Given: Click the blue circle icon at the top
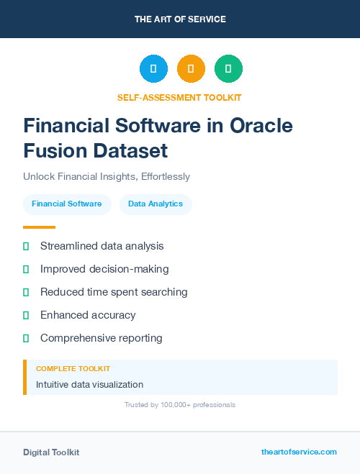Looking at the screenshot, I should point(153,68).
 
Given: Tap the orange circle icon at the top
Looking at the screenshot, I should point(191,68).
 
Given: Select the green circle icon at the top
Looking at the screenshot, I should point(228,68).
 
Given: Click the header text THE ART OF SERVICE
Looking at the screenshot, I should point(180,19).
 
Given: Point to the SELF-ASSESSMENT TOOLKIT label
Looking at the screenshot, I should point(179,97).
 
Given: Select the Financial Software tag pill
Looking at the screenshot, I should point(67,204).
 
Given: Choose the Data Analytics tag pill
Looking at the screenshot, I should point(156,204).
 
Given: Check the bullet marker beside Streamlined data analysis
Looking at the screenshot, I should point(26,246).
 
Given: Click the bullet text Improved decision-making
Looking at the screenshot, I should point(104,269).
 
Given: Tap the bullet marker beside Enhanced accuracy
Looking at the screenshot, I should point(26,315).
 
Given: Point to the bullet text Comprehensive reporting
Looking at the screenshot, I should point(102,338).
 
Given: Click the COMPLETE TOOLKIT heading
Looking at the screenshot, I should point(73,368).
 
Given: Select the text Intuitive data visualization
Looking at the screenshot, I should point(89,385).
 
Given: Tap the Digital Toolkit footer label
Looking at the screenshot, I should point(51,452).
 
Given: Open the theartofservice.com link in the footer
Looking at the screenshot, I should point(299,452).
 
